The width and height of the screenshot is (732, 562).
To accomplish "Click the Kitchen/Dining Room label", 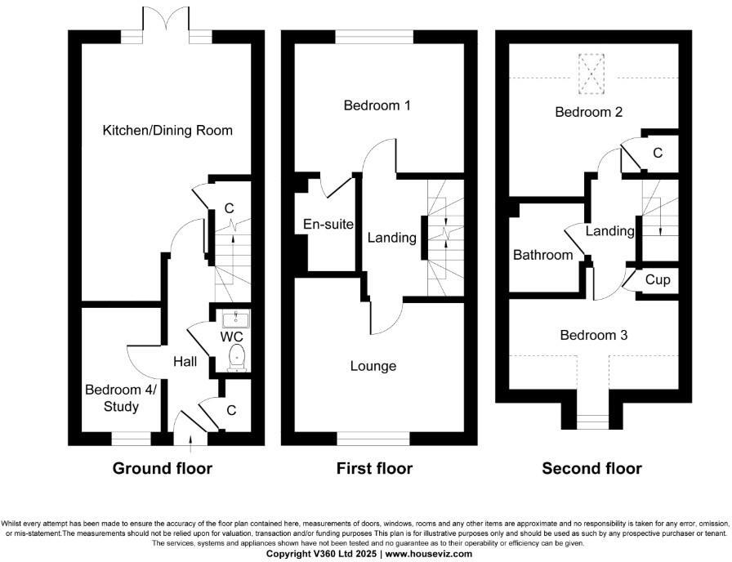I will point(167,131).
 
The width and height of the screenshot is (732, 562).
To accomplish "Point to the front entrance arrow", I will point(191,442).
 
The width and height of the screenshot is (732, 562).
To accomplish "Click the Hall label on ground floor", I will point(185,361).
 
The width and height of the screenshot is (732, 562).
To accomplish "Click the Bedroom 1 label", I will point(377,105).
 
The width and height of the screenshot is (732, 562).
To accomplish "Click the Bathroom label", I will point(543,255).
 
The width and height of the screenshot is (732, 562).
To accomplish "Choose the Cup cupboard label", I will point(658,280).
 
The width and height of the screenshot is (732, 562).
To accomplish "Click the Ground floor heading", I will point(162,469).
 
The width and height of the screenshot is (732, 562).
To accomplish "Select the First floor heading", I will point(374,469).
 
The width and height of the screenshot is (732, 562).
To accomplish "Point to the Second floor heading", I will point(591,469).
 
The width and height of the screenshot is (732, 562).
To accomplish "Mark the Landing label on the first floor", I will point(392,239).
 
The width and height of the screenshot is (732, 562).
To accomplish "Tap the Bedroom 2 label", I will point(589,112).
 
